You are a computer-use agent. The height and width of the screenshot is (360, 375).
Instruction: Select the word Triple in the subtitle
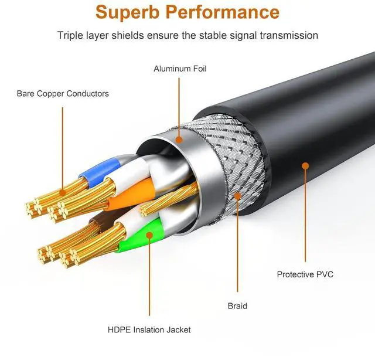point(71,35)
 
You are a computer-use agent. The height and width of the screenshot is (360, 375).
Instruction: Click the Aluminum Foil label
point(180,69)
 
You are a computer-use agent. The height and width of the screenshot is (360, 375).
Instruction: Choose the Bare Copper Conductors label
point(63,93)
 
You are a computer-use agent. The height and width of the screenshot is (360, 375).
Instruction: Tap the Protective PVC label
point(305,274)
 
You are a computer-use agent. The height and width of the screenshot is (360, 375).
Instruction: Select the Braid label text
point(237,305)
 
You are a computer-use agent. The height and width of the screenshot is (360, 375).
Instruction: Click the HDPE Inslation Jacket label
point(149,330)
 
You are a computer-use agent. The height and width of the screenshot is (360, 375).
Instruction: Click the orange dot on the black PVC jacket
point(305,166)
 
